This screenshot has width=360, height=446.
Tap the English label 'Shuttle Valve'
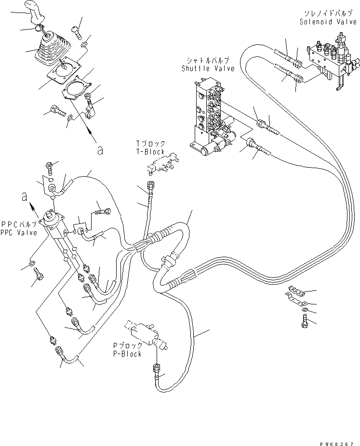(208, 68)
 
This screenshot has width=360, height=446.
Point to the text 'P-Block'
(127, 354)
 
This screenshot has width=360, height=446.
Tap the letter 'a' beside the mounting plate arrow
(100, 151)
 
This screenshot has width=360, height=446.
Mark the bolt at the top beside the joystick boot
(75, 31)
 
